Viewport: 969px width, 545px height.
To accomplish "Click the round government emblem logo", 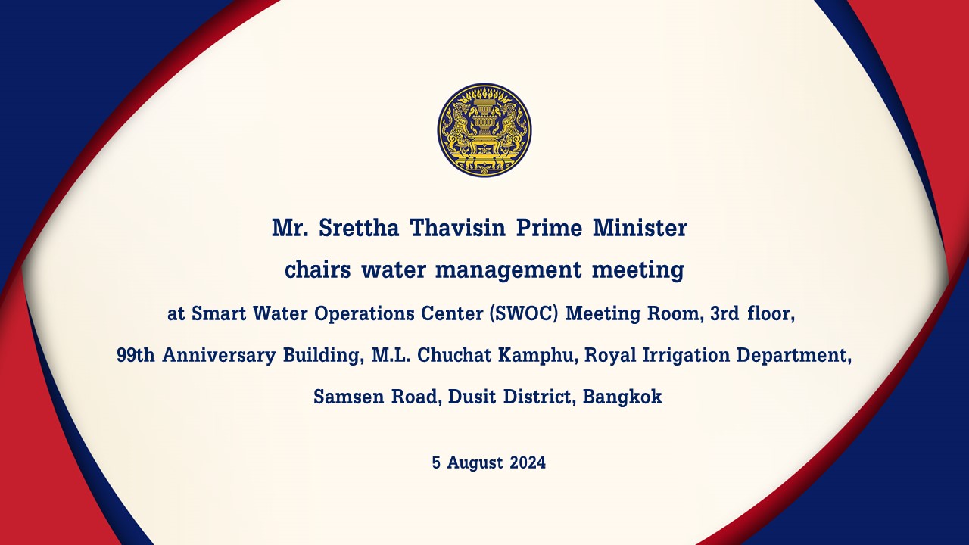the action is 484,129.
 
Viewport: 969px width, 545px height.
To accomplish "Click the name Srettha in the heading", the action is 359,228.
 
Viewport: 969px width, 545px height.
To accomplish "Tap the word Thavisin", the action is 458,228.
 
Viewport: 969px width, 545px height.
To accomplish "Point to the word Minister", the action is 640,228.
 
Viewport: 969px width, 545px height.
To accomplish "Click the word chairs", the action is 317,269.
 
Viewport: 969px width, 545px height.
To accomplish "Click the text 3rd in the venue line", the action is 724,313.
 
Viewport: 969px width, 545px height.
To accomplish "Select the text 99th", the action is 136,355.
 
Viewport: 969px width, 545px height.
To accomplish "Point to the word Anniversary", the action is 219,356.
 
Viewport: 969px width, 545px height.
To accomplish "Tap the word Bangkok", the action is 622,397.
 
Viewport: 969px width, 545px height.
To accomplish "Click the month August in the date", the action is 475,463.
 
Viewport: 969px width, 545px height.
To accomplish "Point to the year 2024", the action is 528,462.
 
